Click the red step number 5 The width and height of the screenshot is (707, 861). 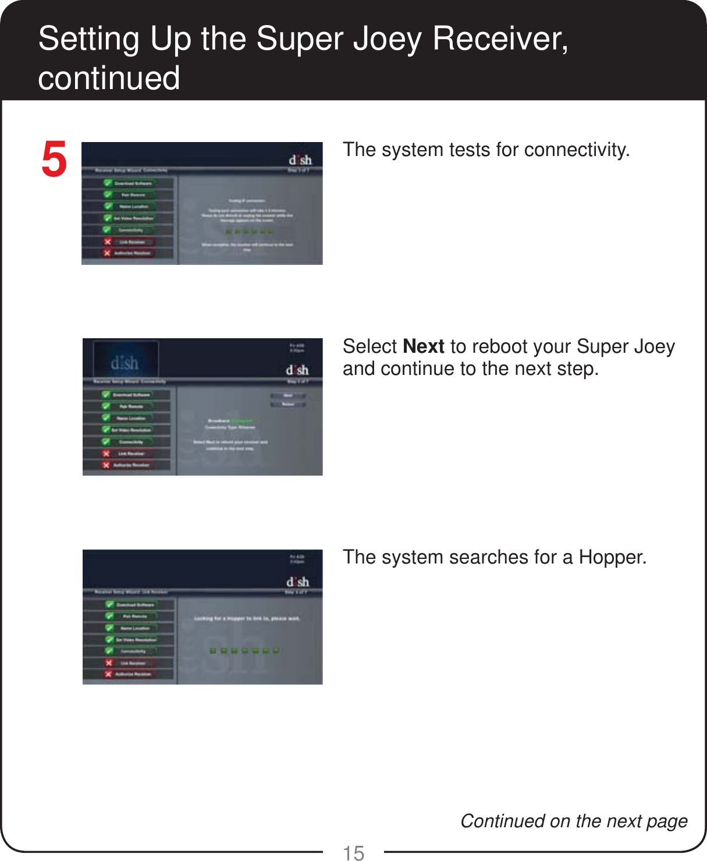point(54,160)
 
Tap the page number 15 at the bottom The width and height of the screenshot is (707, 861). point(354,852)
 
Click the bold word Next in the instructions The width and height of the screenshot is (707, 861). point(424,346)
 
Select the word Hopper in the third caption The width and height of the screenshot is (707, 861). point(612,557)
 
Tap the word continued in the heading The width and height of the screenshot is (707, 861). point(109,78)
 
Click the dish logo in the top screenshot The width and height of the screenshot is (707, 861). point(300,160)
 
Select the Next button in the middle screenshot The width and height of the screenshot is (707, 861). point(288,396)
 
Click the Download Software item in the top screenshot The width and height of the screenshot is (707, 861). point(133,183)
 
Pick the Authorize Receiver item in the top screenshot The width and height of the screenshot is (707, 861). point(133,253)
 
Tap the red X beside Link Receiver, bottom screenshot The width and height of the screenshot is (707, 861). point(108,662)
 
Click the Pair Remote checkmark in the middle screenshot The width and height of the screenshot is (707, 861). point(106,406)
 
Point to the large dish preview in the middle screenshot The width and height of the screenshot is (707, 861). point(125,363)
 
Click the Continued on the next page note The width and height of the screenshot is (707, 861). point(574,821)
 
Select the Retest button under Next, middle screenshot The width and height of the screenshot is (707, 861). point(288,404)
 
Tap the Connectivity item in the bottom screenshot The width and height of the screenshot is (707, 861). point(133,651)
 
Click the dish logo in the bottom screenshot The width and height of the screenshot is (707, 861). point(297,582)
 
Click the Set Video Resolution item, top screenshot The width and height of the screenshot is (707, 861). point(133,218)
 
